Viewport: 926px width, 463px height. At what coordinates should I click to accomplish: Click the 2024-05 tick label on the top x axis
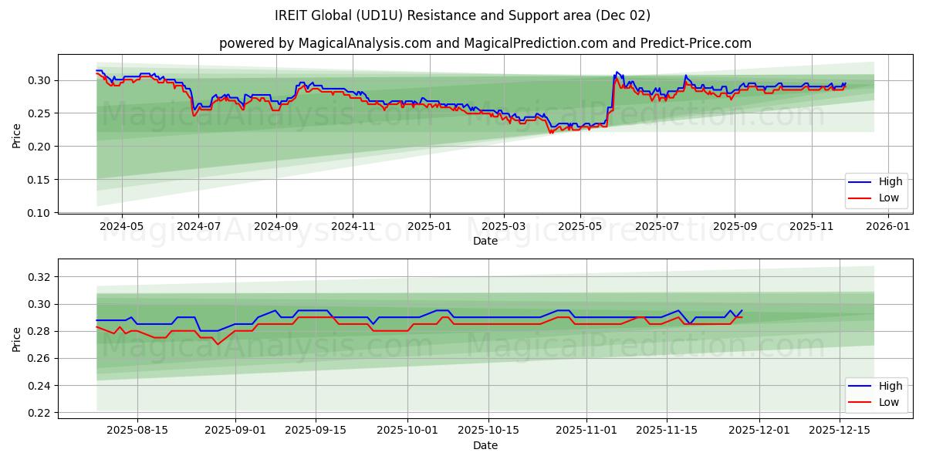(122, 227)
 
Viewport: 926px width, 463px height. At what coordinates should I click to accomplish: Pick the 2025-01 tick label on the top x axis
(428, 227)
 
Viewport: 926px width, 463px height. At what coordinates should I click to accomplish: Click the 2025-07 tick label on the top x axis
(656, 227)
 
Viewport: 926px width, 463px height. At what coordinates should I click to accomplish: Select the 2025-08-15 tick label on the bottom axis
(138, 431)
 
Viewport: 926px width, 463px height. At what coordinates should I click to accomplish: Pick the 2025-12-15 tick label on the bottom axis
(840, 431)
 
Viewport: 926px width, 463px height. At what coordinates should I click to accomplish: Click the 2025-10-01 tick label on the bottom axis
(408, 431)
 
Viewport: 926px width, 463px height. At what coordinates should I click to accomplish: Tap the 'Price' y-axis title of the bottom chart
(16, 339)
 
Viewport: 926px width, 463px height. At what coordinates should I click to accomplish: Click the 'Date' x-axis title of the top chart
(485, 241)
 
